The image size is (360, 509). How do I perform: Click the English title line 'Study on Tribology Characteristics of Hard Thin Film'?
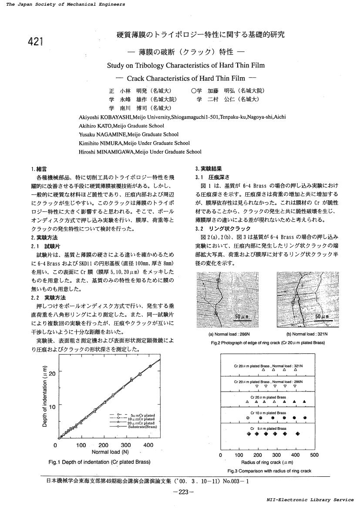point(185,66)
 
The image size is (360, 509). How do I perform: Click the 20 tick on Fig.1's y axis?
point(51,374)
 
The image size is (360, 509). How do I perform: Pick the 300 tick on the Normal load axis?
point(126,445)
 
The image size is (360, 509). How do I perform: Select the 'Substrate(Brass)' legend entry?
point(141,427)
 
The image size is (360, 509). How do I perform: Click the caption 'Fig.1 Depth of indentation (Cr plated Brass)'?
point(100,462)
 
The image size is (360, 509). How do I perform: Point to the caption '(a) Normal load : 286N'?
point(229,334)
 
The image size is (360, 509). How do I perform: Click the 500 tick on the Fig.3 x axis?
point(314,455)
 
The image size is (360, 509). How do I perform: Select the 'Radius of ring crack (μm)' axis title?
point(267,462)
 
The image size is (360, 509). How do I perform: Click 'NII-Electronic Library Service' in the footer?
point(310,500)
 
